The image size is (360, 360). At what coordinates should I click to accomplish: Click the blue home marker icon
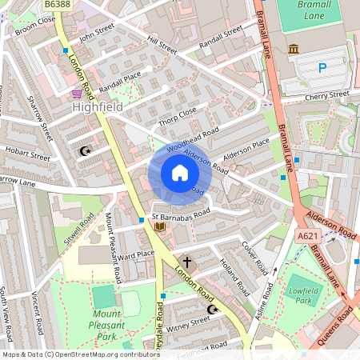point(180,173)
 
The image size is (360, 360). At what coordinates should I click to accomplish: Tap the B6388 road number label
point(55,6)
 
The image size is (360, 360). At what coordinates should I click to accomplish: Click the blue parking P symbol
point(322,68)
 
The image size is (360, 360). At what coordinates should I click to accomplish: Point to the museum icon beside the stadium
point(294,50)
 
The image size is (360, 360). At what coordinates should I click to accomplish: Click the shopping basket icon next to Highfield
point(76,94)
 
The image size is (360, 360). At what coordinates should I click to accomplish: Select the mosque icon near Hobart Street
point(85,150)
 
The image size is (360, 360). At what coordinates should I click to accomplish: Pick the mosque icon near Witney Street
point(212,309)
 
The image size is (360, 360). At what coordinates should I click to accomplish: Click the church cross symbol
point(188,261)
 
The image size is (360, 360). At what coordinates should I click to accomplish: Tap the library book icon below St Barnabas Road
point(159,227)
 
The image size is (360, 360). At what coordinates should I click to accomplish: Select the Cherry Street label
point(326,95)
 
